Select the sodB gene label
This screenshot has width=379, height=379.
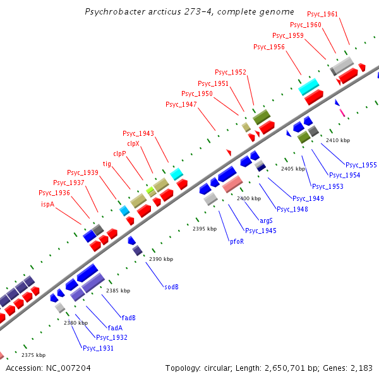pos(171,286)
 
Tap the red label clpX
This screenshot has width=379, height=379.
pos(133,143)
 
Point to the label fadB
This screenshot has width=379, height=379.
pos(129,317)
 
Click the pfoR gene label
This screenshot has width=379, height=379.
pos(236,241)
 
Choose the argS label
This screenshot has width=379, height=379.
pos(266,220)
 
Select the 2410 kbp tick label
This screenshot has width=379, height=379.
pos(338,140)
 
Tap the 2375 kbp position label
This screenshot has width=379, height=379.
pos(33,355)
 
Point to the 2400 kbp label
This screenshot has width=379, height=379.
pos(249,198)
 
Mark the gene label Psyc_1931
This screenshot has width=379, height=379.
pos(98,347)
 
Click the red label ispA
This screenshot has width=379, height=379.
pos(48,204)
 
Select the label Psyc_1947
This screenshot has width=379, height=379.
pos(181,104)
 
